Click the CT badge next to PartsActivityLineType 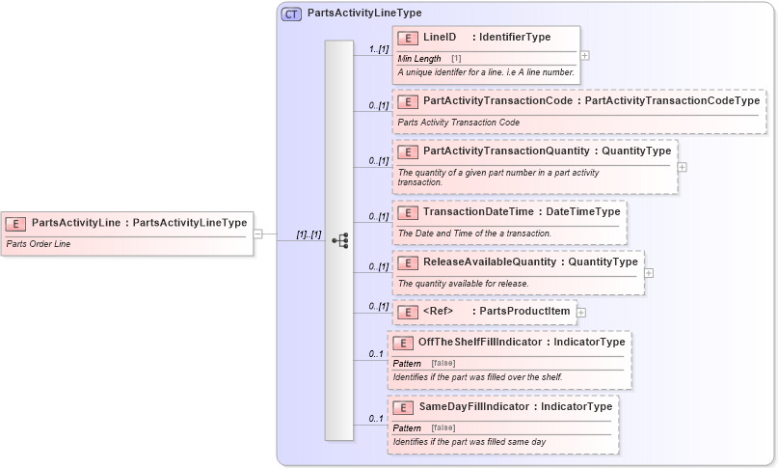click(291, 14)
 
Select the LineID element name click(440, 38)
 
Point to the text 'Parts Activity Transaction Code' click(459, 123)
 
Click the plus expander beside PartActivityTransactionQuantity click(683, 166)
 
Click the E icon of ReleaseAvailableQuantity click(408, 262)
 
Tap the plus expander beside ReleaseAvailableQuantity click(649, 273)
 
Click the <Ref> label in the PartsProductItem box click(439, 311)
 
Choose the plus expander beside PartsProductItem click(581, 312)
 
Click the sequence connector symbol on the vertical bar click(339, 240)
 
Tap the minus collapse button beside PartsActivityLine click(258, 233)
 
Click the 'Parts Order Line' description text click(39, 244)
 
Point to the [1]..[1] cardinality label click(309, 234)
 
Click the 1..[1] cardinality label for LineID click(378, 47)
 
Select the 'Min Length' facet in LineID click(419, 59)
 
